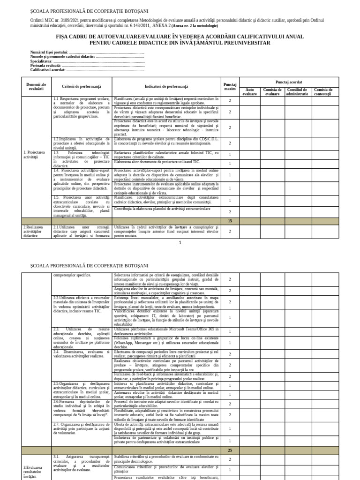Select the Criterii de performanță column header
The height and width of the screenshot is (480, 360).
click(x=82, y=87)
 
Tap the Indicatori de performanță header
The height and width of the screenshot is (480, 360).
click(x=166, y=87)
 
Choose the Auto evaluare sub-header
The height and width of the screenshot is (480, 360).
click(x=250, y=91)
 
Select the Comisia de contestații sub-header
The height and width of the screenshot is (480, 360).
click(x=323, y=91)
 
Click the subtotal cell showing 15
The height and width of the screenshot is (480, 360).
click(x=230, y=220)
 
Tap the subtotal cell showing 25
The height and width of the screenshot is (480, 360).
click(x=230, y=450)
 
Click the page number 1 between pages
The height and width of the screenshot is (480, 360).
click(x=180, y=243)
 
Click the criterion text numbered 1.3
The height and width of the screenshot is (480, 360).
click(x=82, y=159)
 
